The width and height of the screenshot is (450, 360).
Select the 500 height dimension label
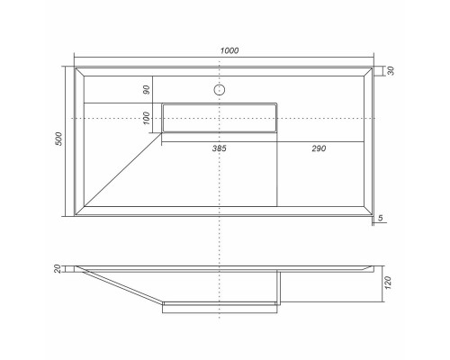tap(58, 139)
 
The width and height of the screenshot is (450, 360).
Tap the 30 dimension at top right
tap(390, 70)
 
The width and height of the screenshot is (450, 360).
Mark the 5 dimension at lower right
tap(382, 218)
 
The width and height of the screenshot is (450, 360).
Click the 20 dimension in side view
tap(58, 267)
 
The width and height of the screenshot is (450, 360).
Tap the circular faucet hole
tap(218, 90)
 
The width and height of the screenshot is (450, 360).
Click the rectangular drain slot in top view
tap(220, 118)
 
